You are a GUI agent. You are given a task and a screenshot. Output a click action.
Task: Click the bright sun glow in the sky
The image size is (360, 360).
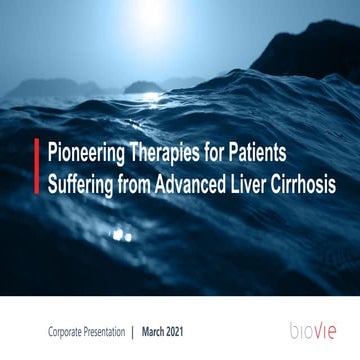[180, 14]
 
